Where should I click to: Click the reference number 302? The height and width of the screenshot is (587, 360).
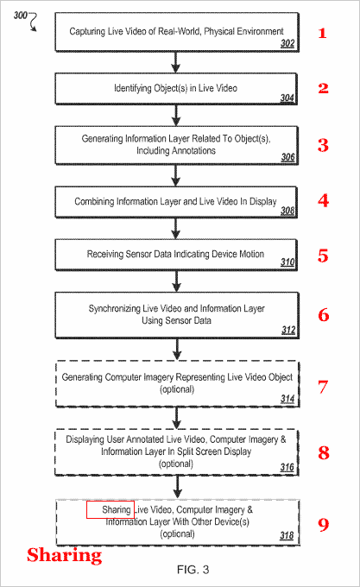click(x=287, y=43)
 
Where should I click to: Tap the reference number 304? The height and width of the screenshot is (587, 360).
click(x=287, y=98)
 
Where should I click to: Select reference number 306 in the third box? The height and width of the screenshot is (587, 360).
click(x=287, y=157)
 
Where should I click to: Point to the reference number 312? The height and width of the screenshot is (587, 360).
click(x=288, y=330)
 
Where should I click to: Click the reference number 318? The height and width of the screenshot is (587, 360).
click(x=287, y=535)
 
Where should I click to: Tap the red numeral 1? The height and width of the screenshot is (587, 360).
click(x=322, y=34)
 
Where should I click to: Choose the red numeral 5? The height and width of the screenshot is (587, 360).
click(x=323, y=256)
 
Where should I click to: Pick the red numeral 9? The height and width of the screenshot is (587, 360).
click(x=324, y=524)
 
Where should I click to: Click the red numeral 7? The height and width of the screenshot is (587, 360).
click(x=323, y=387)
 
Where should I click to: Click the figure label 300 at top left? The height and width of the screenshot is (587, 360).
click(x=20, y=16)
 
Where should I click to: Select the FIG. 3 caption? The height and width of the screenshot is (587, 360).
click(x=193, y=570)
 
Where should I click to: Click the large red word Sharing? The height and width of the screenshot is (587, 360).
click(x=64, y=555)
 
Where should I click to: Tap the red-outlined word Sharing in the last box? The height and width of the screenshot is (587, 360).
click(x=116, y=509)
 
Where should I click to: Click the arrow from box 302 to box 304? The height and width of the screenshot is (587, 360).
click(x=175, y=62)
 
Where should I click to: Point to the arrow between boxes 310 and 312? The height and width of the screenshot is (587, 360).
click(x=176, y=281)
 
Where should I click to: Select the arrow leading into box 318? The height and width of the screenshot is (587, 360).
click(x=178, y=487)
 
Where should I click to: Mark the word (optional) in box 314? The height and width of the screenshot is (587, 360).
click(x=177, y=389)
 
